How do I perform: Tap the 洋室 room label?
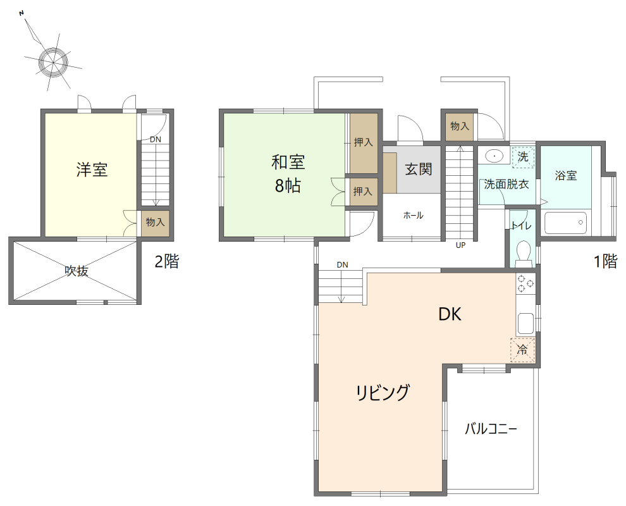tap(92, 170)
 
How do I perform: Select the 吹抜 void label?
tap(77, 271)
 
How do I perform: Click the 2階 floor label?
tap(167, 262)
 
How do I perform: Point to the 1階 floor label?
tap(605, 262)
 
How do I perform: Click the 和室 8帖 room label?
tap(288, 174)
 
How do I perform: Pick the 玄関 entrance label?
tap(418, 169)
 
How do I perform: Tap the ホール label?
tap(413, 216)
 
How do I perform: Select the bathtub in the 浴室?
tap(565, 223)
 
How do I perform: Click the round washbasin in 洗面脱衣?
tap(494, 155)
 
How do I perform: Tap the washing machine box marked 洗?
tap(523, 156)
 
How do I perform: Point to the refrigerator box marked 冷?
tap(522, 349)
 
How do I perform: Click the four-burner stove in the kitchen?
tap(525, 284)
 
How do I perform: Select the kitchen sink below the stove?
tap(525, 323)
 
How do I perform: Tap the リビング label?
tap(382, 393)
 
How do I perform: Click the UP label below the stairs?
tap(460, 246)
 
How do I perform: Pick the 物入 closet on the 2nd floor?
tap(155, 223)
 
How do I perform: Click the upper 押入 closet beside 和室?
tap(363, 143)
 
